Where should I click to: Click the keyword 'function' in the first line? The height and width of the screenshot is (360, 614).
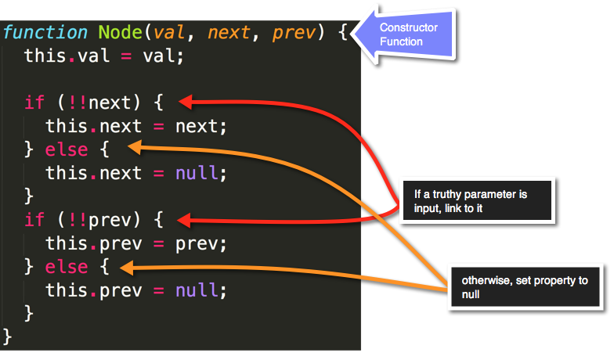[45, 32]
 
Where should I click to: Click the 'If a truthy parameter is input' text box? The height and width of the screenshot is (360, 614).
[475, 200]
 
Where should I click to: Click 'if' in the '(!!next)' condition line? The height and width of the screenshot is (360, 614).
[34, 102]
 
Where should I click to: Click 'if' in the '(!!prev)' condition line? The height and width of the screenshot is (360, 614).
[34, 219]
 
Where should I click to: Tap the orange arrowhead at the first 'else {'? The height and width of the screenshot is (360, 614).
[135, 146]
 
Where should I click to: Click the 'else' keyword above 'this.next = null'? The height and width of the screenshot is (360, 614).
[67, 149]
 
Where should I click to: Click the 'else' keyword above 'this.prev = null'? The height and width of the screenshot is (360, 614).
[67, 267]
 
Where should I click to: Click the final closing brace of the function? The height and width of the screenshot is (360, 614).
[8, 337]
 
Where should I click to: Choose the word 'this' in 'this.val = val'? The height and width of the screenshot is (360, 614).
[45, 56]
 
